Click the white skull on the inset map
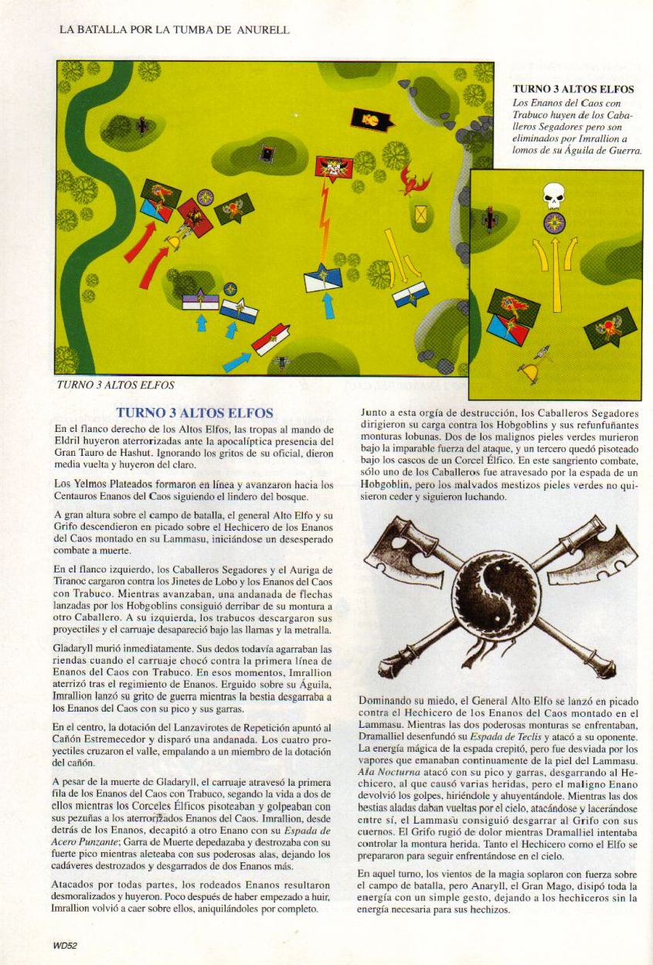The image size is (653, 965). tap(554, 195)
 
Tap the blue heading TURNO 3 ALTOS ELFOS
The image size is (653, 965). tap(194, 413)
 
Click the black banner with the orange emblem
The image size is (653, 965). tap(371, 120)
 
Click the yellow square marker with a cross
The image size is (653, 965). tap(421, 214)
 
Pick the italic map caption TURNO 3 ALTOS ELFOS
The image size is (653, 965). tap(115, 384)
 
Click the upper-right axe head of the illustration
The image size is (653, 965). tap(600, 550)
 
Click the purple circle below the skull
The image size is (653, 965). tap(554, 223)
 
